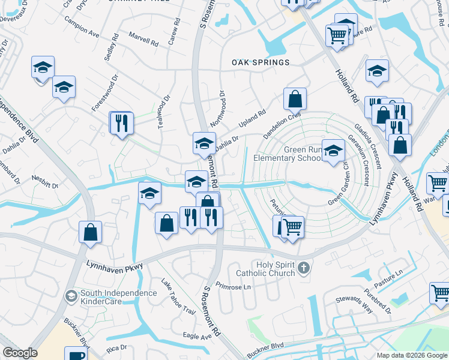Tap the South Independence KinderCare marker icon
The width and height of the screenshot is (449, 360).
(71, 296)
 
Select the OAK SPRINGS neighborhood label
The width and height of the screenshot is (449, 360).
(261, 62)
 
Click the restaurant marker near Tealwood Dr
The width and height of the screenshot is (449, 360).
(122, 124)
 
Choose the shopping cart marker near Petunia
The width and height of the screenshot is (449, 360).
(292, 227)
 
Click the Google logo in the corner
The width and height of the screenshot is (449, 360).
(20, 353)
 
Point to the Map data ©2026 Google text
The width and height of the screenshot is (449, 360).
(412, 355)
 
